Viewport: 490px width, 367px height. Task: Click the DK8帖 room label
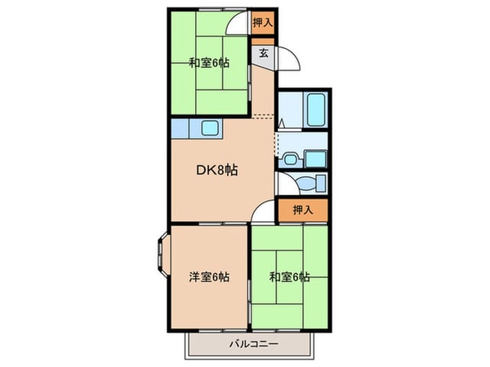point(216,170)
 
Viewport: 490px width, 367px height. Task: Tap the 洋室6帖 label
point(208,277)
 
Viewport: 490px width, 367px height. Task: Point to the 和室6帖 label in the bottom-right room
point(289,277)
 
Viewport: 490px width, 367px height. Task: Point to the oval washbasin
point(291,160)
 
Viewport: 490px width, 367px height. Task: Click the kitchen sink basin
point(209,127)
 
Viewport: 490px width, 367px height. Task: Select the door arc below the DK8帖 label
point(261,212)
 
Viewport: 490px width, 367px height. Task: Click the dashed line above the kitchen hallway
point(263,117)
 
